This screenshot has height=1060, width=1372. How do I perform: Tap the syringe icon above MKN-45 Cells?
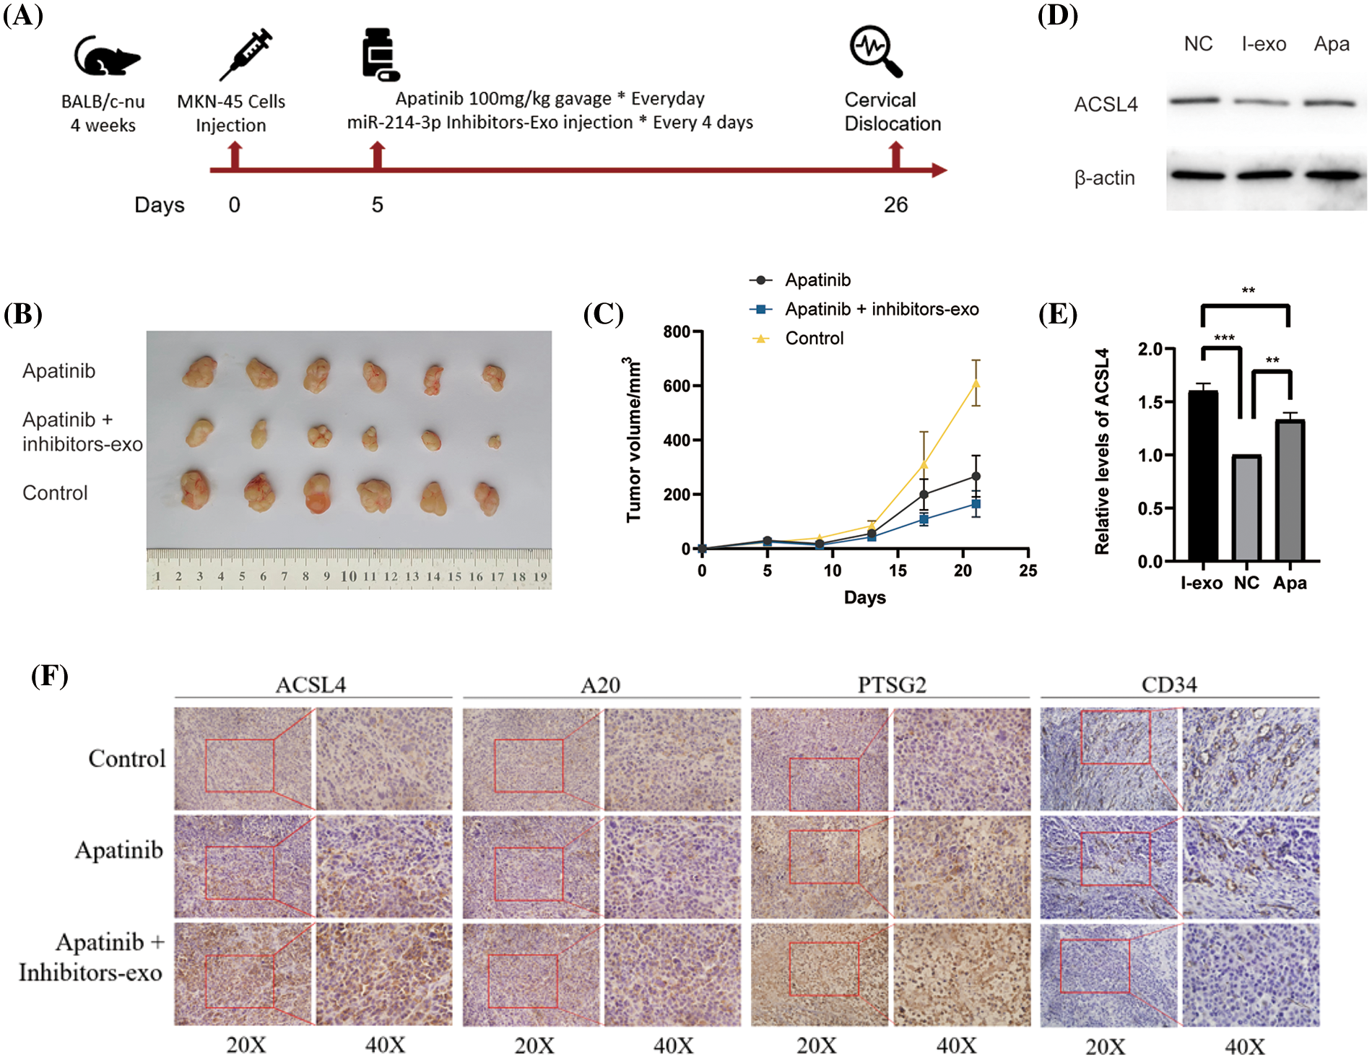(x=246, y=54)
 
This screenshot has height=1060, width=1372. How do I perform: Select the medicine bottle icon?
(x=380, y=54)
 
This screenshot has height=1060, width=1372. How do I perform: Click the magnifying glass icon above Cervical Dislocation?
(x=876, y=51)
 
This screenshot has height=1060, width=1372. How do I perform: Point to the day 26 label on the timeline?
(x=895, y=205)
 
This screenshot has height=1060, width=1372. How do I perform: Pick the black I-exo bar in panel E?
(x=1202, y=477)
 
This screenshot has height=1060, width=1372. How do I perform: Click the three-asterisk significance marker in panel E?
(x=1224, y=338)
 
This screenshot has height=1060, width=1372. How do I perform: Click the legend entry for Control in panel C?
(x=814, y=339)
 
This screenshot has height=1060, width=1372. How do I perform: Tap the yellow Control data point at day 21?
(x=976, y=383)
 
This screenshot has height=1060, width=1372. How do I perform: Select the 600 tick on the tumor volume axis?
(x=677, y=386)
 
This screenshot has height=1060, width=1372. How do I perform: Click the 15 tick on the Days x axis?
(x=898, y=570)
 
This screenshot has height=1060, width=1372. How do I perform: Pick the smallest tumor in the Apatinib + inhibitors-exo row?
(x=494, y=440)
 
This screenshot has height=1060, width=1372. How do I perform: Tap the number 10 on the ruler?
(x=348, y=576)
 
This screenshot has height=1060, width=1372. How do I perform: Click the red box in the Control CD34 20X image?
(x=1115, y=737)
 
